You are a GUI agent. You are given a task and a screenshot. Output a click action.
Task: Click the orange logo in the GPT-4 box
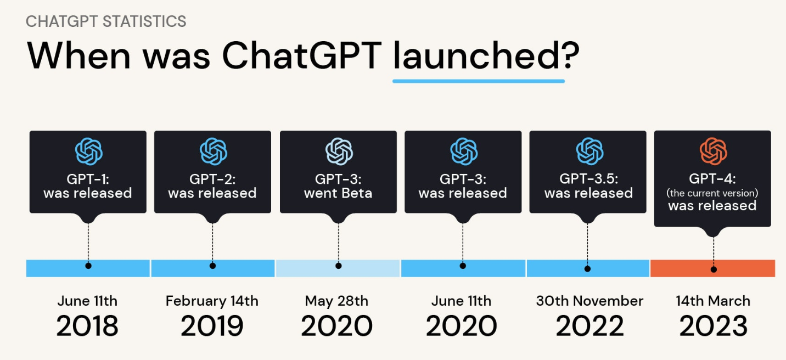(713, 151)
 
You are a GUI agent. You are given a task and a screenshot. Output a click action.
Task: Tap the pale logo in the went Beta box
(339, 151)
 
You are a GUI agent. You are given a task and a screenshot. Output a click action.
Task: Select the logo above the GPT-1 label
(88, 151)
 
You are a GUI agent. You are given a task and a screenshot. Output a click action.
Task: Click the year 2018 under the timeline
(87, 325)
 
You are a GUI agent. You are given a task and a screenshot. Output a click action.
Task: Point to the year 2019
(212, 325)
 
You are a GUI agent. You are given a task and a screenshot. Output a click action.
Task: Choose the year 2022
(589, 325)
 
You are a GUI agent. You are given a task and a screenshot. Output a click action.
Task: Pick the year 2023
(713, 325)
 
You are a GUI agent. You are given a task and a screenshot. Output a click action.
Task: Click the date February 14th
(212, 301)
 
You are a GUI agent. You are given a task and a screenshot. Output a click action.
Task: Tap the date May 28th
(336, 301)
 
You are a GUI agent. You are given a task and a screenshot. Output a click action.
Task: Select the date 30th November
(589, 301)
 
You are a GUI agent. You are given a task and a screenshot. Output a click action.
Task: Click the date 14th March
(713, 301)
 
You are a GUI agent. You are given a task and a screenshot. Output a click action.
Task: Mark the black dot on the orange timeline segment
(714, 269)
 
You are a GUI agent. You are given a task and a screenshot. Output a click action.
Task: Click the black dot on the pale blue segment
(338, 266)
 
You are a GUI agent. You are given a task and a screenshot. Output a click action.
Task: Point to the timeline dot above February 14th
(212, 266)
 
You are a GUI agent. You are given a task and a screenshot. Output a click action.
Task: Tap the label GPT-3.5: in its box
(588, 179)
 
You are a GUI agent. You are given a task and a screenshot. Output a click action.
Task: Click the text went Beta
(338, 193)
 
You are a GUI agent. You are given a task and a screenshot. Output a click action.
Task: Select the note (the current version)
(712, 193)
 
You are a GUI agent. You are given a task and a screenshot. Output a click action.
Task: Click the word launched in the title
(476, 55)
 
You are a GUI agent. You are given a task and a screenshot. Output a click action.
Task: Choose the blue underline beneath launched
(479, 81)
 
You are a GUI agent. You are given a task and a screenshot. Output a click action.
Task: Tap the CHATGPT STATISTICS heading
(106, 21)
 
